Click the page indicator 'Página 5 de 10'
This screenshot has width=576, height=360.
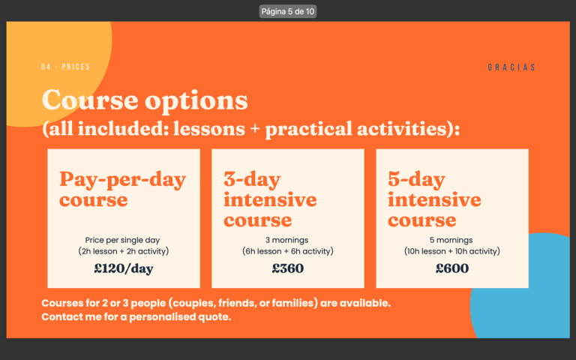[288, 11]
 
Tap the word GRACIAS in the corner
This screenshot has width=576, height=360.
[511, 67]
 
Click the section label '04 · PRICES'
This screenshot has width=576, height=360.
[66, 67]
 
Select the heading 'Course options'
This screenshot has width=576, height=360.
[145, 100]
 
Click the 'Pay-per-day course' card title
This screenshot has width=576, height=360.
[123, 189]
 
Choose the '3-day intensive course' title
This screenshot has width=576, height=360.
[270, 199]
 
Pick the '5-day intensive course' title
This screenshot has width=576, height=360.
[434, 199]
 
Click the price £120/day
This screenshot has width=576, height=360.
[124, 268]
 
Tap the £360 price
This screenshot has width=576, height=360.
[288, 268]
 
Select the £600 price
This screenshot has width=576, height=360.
[451, 268]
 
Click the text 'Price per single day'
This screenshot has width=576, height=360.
[122, 240]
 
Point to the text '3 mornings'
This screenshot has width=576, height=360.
[287, 240]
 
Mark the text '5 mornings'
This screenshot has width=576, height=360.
[451, 240]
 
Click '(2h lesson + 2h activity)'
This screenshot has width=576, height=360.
[124, 251]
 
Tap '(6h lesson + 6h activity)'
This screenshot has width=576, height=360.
[288, 251]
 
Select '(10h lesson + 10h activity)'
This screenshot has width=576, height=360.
[451, 251]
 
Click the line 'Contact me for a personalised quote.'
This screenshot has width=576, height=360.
[136, 316]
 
